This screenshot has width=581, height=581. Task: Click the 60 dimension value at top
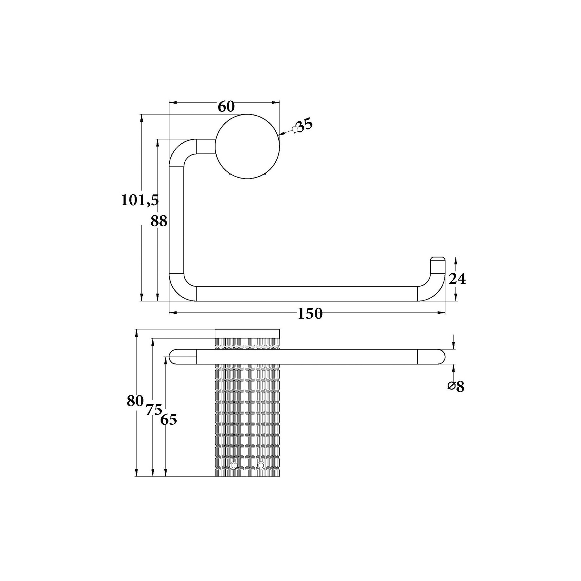tap(226, 107)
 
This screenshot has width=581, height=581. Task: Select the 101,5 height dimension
tap(140, 200)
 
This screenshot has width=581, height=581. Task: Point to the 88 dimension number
tap(159, 221)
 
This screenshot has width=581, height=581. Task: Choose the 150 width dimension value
tap(310, 313)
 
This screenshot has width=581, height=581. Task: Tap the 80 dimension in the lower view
tap(135, 401)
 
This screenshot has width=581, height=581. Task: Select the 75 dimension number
tap(154, 410)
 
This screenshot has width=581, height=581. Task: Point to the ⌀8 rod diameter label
tap(456, 386)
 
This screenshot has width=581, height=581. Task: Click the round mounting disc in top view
tap(247, 146)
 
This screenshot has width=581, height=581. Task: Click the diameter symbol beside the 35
tap(294, 129)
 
